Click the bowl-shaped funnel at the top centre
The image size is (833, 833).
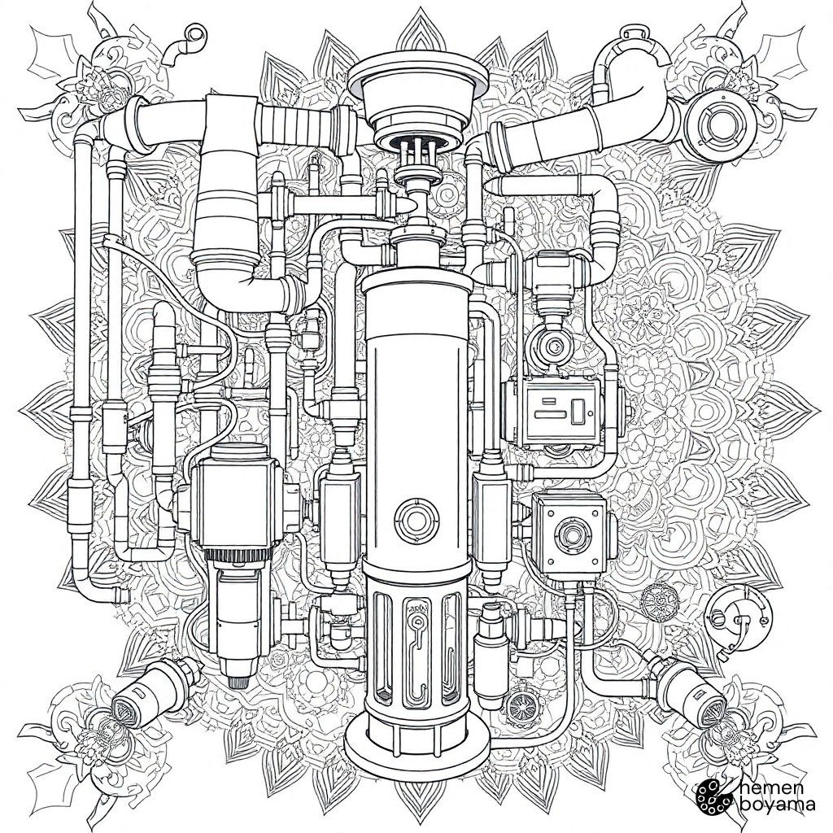click(x=418, y=100)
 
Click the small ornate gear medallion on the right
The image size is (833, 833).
click(x=656, y=604)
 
